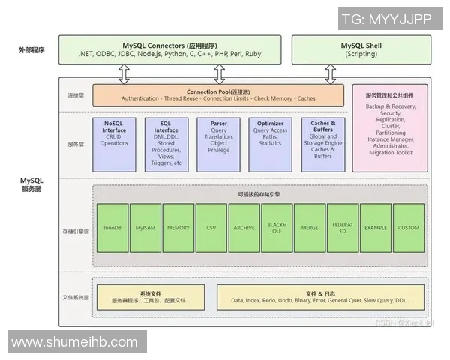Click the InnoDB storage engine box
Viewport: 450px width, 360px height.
coord(112,227)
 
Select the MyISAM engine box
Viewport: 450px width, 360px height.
coord(145,227)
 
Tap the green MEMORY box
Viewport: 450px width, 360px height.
coord(178,227)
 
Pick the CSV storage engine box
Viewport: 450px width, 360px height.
coord(211,227)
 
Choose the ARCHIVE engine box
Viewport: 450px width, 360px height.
coord(244,227)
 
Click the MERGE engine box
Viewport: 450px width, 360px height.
coord(310,227)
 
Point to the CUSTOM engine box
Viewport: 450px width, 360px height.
coord(409,227)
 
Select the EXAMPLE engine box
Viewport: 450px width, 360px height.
coord(376,227)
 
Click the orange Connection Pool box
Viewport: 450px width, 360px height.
coord(219,94)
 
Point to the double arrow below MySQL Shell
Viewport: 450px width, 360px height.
coord(330,74)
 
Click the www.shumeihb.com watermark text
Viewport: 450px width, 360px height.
coord(74,341)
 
